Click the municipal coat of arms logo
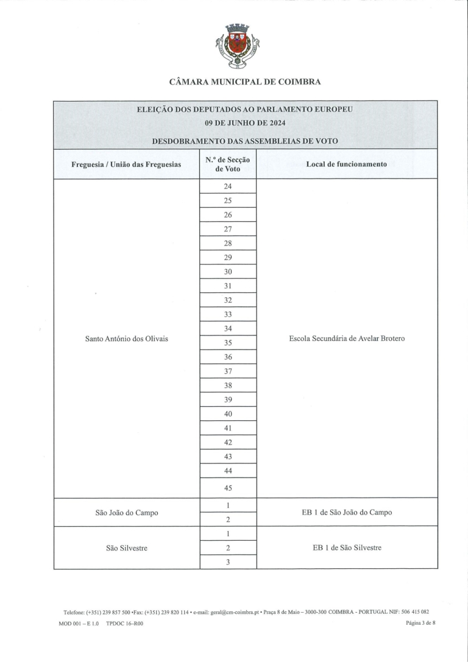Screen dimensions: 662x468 click(236, 46)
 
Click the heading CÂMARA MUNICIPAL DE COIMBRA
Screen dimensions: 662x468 click(245, 82)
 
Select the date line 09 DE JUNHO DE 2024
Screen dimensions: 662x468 click(245, 123)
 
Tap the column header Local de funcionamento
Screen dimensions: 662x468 click(347, 164)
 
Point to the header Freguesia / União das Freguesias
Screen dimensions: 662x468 click(126, 164)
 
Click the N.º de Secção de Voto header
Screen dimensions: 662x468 click(228, 164)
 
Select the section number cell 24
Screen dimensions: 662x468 click(228, 186)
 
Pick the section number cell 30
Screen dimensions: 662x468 click(228, 272)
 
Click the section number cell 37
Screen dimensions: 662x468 click(228, 371)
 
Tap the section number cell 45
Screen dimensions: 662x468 click(228, 488)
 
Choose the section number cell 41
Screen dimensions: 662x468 click(228, 428)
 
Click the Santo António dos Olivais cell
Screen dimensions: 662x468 click(126, 339)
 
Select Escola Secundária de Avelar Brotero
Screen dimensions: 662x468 click(347, 339)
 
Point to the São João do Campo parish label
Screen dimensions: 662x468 click(126, 512)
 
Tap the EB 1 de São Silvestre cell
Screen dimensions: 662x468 click(347, 548)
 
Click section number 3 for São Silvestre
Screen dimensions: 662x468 click(228, 562)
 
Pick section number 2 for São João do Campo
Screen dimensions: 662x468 click(228, 519)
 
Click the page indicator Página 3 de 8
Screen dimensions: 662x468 click(420, 624)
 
